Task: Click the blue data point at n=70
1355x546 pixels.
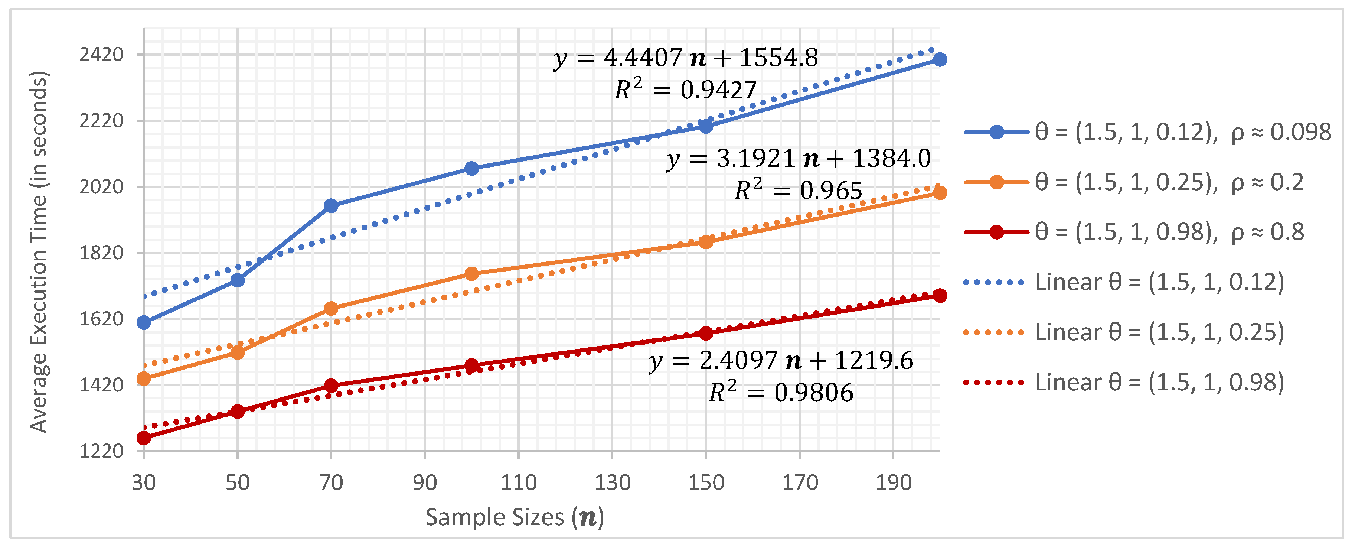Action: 331,206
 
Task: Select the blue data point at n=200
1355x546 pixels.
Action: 940,59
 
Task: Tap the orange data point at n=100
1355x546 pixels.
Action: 472,274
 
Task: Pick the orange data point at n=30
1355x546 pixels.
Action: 144,378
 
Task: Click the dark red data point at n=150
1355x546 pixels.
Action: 706,333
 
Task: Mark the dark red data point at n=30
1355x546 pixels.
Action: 144,438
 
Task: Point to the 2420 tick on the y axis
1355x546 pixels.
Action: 101,55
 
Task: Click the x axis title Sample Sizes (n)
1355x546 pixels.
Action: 515,517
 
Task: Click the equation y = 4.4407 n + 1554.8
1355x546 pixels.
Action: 685,58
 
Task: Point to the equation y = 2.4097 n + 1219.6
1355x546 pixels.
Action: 781,361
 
